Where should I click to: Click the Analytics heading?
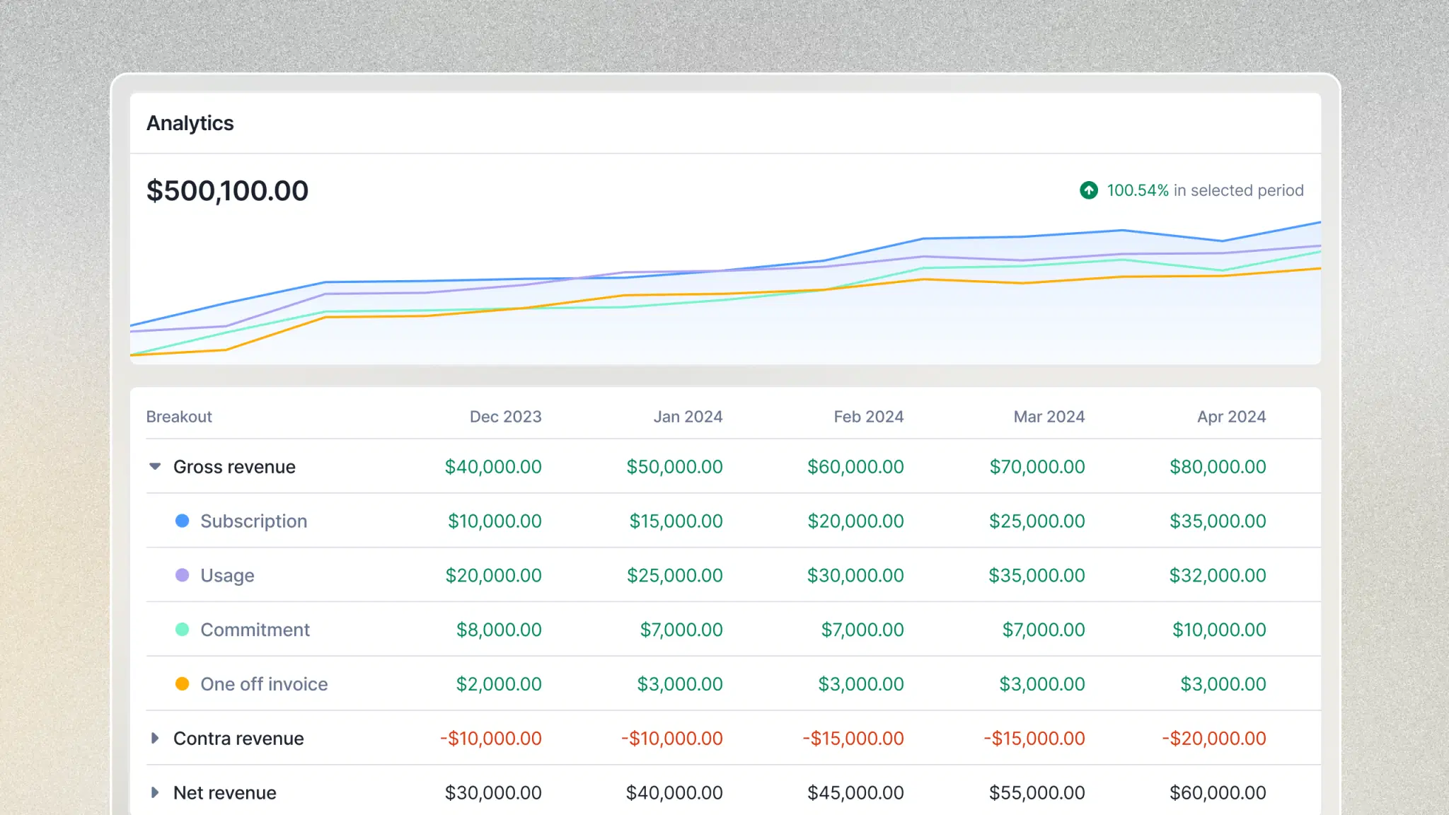(190, 123)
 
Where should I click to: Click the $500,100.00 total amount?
(227, 190)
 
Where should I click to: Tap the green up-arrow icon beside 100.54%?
(1088, 190)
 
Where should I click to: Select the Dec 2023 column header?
(505, 417)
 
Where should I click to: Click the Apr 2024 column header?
(1231, 417)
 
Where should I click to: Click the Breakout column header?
(179, 417)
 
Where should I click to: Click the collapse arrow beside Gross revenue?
(155, 466)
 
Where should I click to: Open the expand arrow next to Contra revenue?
(155, 738)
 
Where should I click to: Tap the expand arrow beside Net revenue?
(155, 792)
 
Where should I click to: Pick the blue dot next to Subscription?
(182, 521)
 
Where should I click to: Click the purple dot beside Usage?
(182, 575)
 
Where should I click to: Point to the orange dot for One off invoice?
(182, 683)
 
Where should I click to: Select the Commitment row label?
(255, 630)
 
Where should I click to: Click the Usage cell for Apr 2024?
(1217, 575)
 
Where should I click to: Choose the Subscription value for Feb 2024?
(855, 521)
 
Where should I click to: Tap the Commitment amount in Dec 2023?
(498, 630)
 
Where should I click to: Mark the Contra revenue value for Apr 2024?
(1213, 738)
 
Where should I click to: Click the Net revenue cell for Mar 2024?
(1037, 792)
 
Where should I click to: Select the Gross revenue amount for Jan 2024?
(674, 467)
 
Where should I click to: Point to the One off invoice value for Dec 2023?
(498, 684)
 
